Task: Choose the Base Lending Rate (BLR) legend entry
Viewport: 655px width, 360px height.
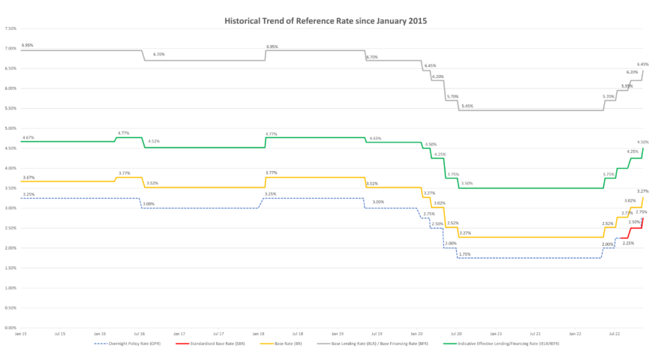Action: pyautogui.click(x=359, y=343)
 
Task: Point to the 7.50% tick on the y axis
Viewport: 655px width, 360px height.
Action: pyautogui.click(x=11, y=28)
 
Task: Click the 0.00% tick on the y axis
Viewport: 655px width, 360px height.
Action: pyautogui.click(x=11, y=328)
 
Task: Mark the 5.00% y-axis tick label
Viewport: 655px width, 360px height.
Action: pyautogui.click(x=11, y=128)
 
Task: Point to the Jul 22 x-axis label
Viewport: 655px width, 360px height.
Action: pyautogui.click(x=614, y=334)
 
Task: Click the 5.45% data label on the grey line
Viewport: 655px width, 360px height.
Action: pyautogui.click(x=467, y=106)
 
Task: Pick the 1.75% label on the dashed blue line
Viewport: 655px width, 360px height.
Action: pyautogui.click(x=464, y=254)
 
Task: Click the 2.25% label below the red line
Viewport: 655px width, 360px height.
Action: pyautogui.click(x=628, y=243)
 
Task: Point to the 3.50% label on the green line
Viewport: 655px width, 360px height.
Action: pyautogui.click(x=467, y=183)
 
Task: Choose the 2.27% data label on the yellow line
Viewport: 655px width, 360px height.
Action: pyautogui.click(x=465, y=232)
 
